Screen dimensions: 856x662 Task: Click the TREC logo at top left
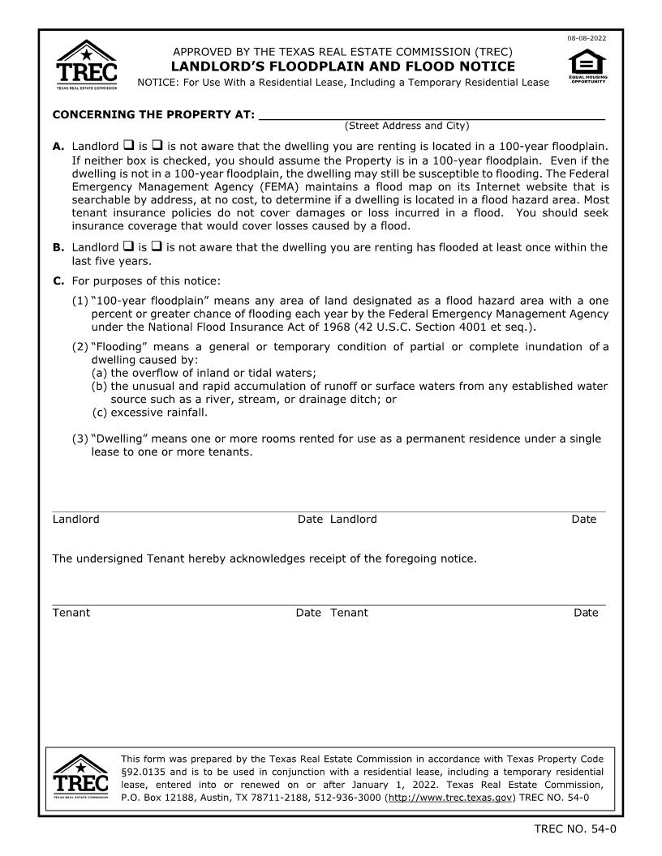86,64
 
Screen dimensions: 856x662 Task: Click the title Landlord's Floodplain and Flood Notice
342,66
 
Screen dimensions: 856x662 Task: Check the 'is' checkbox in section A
128,146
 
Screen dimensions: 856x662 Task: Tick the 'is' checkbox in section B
128,246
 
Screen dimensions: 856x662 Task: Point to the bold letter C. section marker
58,281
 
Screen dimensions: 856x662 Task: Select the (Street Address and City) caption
406,126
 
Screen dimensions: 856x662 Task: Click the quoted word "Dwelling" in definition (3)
122,439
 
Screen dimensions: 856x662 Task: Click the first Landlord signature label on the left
76,519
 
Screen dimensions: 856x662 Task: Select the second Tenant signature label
349,613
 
